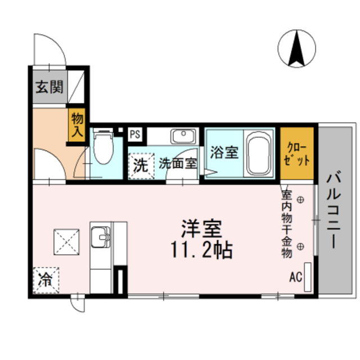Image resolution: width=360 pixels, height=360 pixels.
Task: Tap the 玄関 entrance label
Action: click(x=49, y=87)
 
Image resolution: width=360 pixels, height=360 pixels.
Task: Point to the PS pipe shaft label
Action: click(x=136, y=134)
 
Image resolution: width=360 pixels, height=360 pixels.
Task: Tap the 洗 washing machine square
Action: click(x=141, y=166)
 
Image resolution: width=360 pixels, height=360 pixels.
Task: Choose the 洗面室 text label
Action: click(x=177, y=164)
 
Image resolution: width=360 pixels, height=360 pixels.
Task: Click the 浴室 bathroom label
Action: click(x=224, y=152)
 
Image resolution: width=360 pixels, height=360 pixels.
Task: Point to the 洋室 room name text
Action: click(x=201, y=229)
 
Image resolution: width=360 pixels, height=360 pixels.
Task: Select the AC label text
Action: click(x=296, y=277)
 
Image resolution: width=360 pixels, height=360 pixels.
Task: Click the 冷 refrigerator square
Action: click(x=45, y=280)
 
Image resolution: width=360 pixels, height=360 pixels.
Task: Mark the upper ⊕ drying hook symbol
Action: click(x=300, y=199)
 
